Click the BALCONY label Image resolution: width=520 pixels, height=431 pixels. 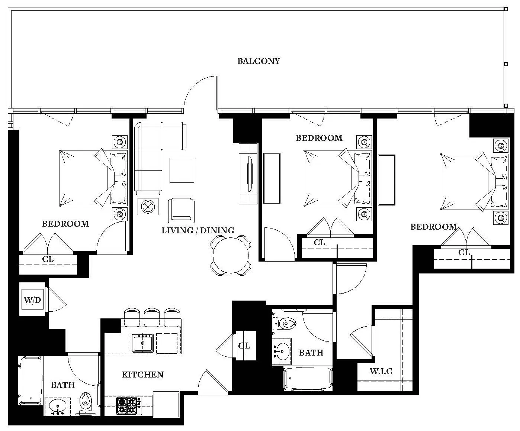point(259,61)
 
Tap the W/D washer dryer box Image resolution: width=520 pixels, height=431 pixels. point(33,299)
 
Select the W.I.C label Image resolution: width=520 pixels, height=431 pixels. point(381,371)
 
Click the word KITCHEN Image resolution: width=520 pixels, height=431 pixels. point(142,375)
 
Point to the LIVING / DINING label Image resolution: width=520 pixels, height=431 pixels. point(198,230)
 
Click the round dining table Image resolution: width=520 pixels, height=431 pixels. point(231,255)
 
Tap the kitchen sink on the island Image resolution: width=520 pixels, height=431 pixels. point(143,343)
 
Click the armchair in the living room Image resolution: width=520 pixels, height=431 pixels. point(181,210)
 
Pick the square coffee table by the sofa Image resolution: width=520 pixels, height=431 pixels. point(182,170)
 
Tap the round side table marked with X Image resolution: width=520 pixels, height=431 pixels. point(148,206)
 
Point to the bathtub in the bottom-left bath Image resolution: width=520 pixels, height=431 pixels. point(30,381)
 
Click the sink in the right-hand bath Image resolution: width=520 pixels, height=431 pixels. point(282,350)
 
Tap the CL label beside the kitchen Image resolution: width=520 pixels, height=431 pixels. point(244,346)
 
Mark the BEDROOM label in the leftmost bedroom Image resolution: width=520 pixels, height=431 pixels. point(65,224)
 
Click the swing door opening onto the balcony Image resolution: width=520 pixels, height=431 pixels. point(201,93)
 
